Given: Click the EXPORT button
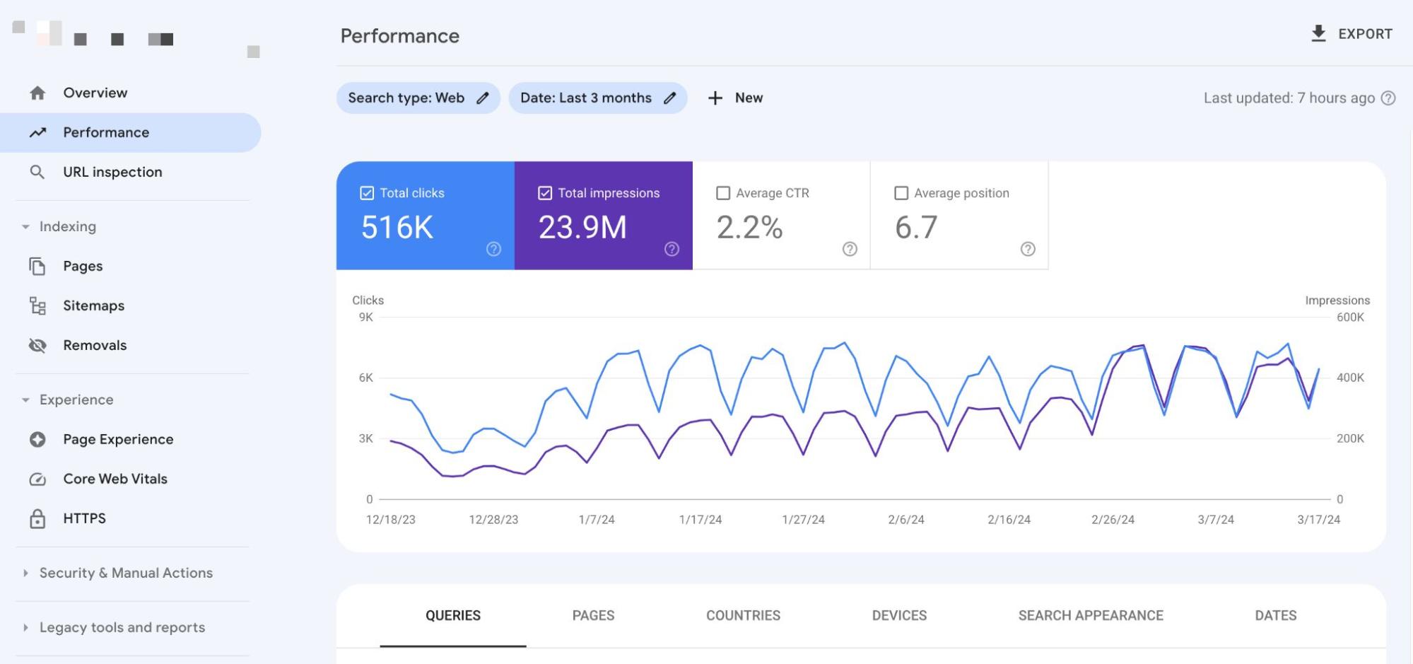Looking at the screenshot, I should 1351,34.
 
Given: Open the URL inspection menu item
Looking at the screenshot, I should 112,172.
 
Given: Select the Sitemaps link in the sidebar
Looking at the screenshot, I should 93,305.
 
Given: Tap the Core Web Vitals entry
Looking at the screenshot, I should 115,479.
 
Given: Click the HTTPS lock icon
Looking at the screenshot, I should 37,518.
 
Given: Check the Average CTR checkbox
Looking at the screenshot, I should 723,193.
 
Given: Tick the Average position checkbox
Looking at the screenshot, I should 901,193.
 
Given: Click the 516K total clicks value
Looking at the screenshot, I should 397,227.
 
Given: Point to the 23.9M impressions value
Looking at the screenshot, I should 582,227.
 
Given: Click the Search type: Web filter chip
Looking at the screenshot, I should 418,98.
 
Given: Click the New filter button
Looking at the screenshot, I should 735,98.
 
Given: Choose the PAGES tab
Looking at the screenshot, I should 593,615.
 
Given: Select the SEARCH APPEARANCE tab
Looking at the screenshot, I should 1090,615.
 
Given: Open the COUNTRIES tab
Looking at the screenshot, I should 743,615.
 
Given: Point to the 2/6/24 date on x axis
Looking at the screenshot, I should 905,519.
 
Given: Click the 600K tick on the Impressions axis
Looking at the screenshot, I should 1349,317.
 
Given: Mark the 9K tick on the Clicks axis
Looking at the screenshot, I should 365,317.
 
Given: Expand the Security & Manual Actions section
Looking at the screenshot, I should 125,573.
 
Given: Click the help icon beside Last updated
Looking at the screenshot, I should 1388,98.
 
